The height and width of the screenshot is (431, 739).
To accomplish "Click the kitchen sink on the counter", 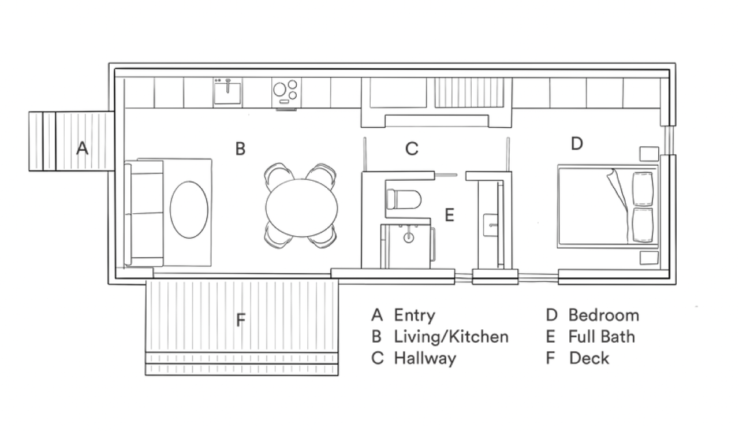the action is click(227, 92).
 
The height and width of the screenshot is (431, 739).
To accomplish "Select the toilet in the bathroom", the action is click(404, 199).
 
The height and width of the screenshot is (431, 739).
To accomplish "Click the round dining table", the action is click(301, 207).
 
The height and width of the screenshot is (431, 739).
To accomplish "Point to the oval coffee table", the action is click(189, 210).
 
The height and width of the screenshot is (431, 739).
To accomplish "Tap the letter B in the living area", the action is click(240, 148).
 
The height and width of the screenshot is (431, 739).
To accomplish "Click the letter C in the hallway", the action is click(412, 149).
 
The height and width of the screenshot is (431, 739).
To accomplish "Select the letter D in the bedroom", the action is click(577, 143).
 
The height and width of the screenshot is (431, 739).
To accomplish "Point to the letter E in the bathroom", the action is click(450, 215).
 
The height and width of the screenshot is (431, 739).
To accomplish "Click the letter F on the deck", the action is click(241, 320).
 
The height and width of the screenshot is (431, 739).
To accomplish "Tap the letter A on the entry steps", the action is click(82, 148).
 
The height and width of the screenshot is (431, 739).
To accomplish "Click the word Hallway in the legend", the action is click(426, 359).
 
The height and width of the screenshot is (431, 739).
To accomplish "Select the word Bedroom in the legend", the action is click(604, 315).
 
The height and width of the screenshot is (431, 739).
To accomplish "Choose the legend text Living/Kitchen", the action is click(451, 337).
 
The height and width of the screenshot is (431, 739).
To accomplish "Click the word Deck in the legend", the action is click(589, 358).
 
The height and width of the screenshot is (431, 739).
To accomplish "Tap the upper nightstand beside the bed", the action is click(649, 154).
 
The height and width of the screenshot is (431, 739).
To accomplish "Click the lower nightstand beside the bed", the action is click(649, 258).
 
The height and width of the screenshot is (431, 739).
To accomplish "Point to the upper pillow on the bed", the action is click(643, 189).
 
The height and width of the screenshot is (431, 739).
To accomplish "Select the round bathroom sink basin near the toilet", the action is click(409, 237).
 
